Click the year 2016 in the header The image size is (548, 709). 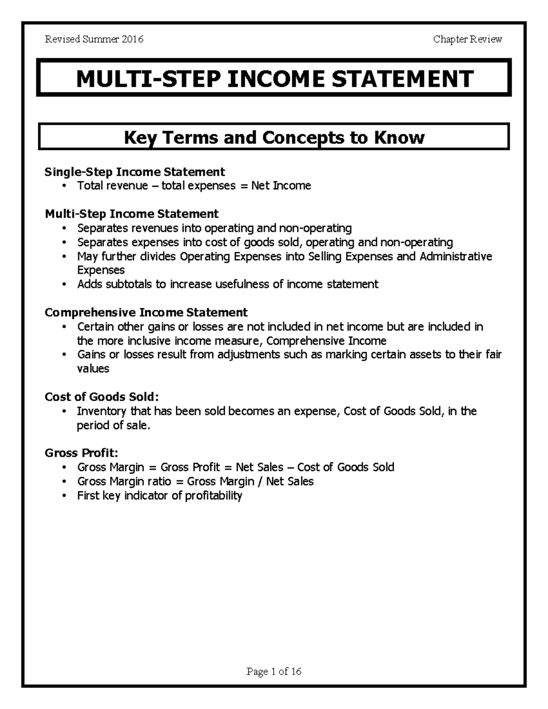(x=133, y=39)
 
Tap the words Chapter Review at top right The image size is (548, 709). (x=468, y=39)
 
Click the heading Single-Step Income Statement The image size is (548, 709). (x=135, y=172)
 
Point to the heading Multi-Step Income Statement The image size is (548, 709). (x=132, y=214)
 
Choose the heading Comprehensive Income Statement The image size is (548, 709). (x=146, y=312)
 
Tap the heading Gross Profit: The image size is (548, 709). (x=81, y=453)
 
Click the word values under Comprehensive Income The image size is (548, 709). (x=93, y=368)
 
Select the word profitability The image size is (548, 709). (x=213, y=495)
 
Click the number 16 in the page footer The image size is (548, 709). (x=296, y=672)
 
